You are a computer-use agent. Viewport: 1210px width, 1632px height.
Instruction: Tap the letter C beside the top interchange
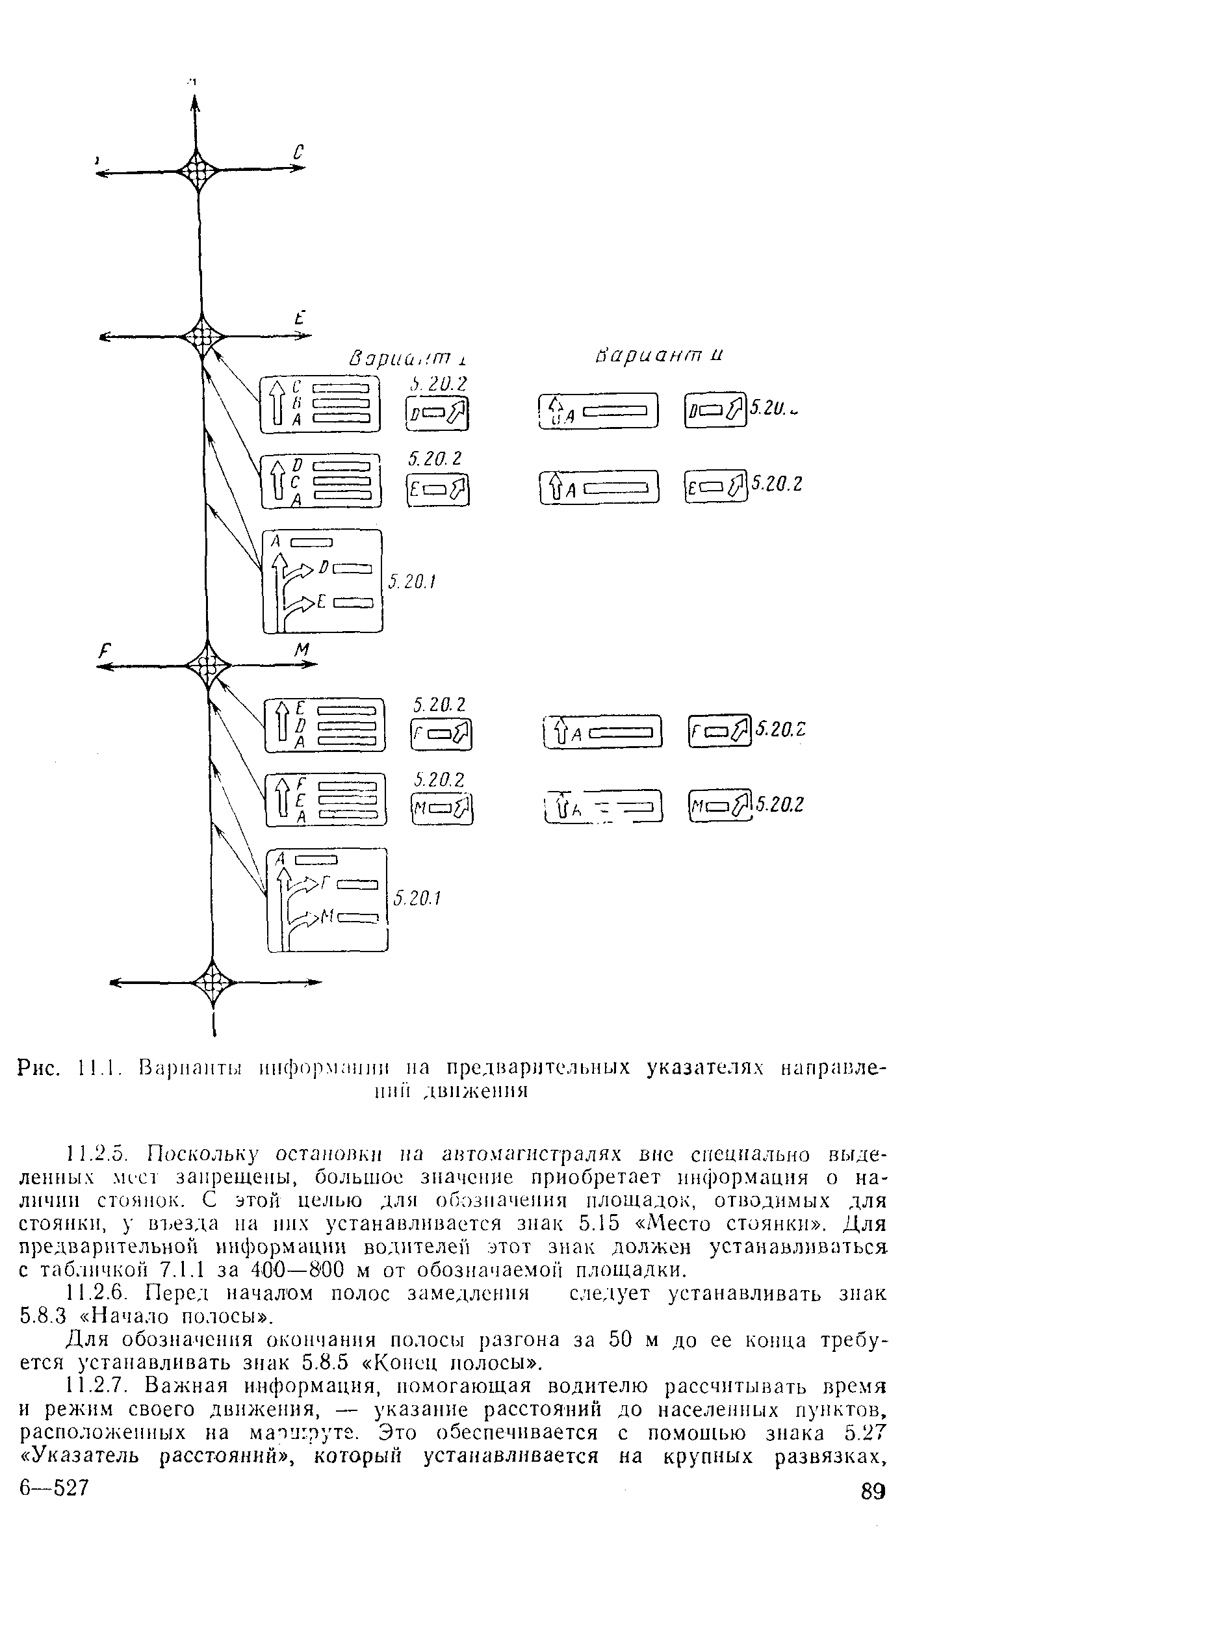(x=298, y=152)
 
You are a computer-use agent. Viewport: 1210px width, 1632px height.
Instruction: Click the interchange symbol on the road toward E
(x=201, y=337)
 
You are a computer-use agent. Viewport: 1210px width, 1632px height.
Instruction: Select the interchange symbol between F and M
(x=208, y=665)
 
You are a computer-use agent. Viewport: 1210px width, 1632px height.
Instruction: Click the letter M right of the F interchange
(x=302, y=649)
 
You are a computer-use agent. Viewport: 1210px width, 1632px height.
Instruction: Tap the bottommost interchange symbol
(x=213, y=982)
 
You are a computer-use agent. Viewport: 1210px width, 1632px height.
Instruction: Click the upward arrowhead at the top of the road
(x=196, y=103)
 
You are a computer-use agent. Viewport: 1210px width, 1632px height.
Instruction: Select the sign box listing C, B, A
(x=320, y=404)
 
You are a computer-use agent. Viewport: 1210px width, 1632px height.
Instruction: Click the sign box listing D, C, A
(x=322, y=480)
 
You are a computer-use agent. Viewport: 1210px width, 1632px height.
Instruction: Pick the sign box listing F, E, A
(x=326, y=800)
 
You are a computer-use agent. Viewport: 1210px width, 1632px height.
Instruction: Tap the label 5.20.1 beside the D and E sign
(x=411, y=582)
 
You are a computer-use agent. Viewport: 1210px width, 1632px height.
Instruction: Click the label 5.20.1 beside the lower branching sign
(x=417, y=898)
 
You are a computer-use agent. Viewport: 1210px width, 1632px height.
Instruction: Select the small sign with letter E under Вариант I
(x=438, y=490)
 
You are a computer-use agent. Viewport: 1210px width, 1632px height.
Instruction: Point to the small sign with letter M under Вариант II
(x=720, y=807)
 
